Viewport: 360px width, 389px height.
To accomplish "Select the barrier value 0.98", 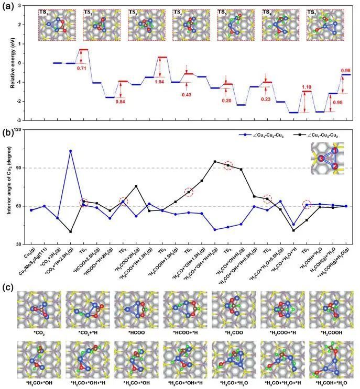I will coord(345,71).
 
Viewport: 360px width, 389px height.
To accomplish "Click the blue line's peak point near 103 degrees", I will coord(70,151).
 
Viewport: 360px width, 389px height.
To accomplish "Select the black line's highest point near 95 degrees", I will coord(215,161).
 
